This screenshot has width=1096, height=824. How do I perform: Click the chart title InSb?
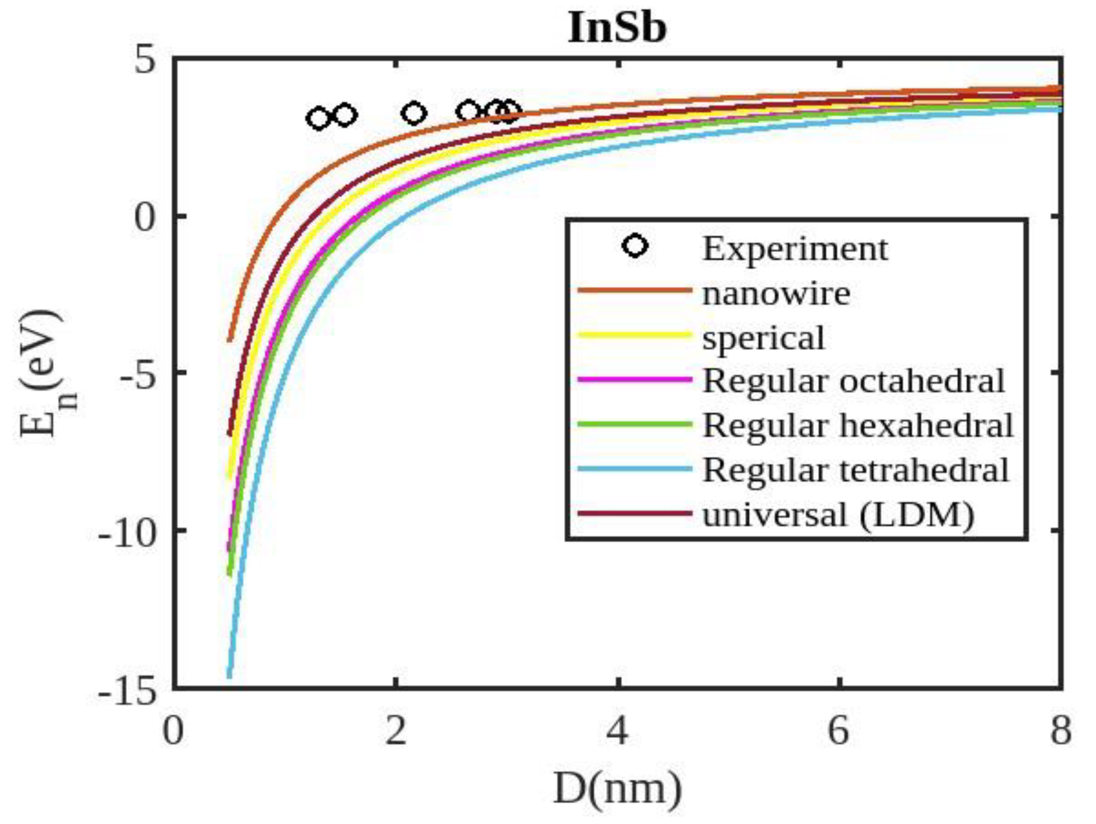coord(617,28)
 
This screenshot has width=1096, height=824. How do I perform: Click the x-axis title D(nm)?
coord(617,789)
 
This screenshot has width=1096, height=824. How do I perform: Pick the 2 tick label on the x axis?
coord(395,731)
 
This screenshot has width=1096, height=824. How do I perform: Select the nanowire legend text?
coord(776,294)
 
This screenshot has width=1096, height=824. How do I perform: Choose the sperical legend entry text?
coord(763,338)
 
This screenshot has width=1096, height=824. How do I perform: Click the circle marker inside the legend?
coord(635,247)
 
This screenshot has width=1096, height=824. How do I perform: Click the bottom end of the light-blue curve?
coord(229,676)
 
